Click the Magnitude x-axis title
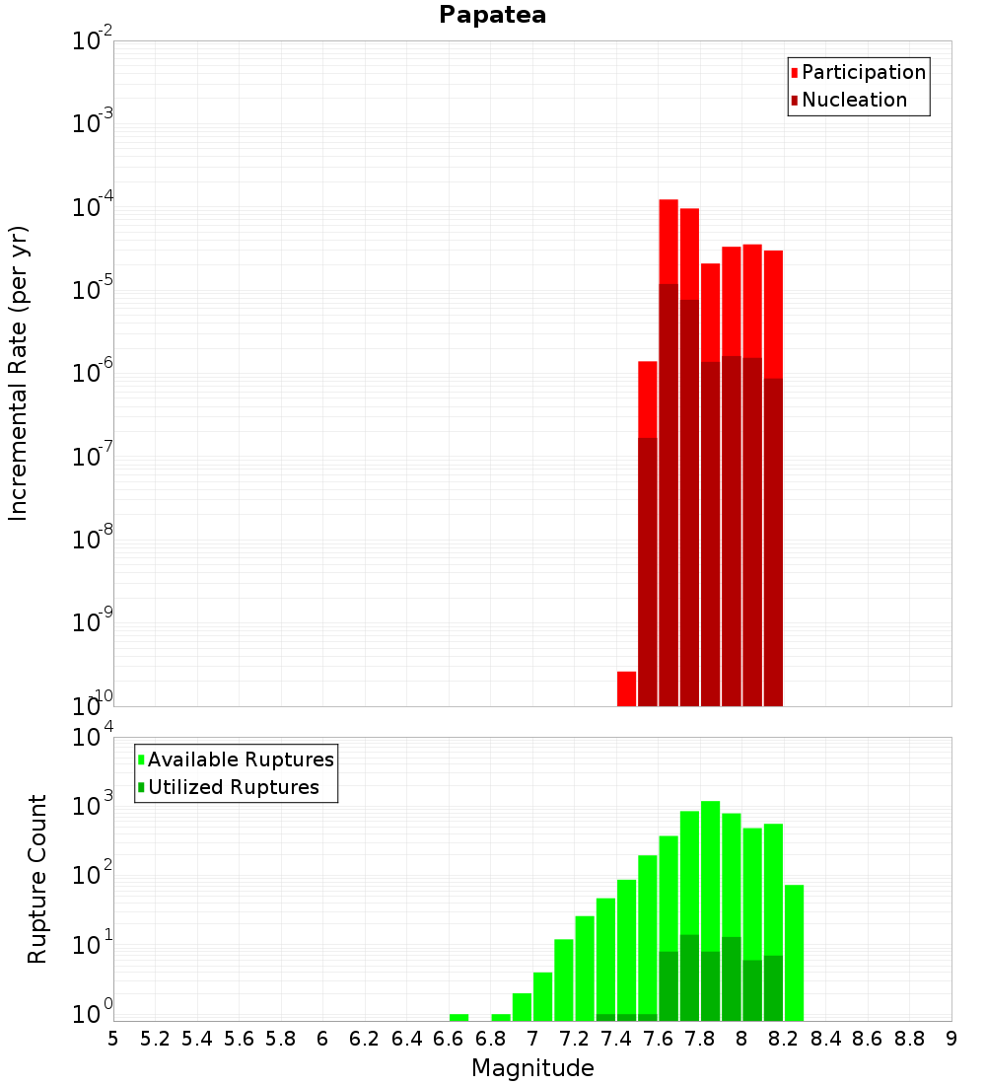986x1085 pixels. point(532,1068)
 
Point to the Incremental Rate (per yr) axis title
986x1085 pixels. point(19,373)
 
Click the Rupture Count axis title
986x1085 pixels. point(37,879)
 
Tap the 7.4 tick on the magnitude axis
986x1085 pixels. point(615,1039)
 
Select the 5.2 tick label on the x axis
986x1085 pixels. point(155,1039)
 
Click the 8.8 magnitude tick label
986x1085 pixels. point(909,1039)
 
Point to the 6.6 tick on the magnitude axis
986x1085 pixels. point(448,1039)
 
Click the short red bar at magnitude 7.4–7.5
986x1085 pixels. point(626,688)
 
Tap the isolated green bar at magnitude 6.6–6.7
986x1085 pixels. point(458,1017)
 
